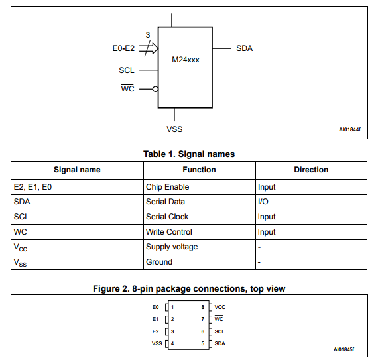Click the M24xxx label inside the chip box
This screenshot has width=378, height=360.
click(x=186, y=60)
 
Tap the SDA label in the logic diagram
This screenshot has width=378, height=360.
click(x=244, y=48)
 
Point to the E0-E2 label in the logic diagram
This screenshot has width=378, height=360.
click(x=123, y=48)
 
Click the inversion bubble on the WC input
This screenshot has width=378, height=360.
click(x=155, y=89)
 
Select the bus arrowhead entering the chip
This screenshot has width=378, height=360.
click(x=155, y=48)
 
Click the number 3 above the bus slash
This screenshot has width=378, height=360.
click(x=148, y=35)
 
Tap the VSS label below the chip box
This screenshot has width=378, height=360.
click(x=174, y=129)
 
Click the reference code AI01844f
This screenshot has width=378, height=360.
click(x=349, y=129)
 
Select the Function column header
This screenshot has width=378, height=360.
click(x=199, y=170)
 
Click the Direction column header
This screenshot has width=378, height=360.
click(x=311, y=170)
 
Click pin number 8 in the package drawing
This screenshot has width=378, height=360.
click(x=203, y=307)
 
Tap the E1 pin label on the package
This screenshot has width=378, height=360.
click(x=155, y=319)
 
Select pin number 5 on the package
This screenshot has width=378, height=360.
click(x=203, y=343)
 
